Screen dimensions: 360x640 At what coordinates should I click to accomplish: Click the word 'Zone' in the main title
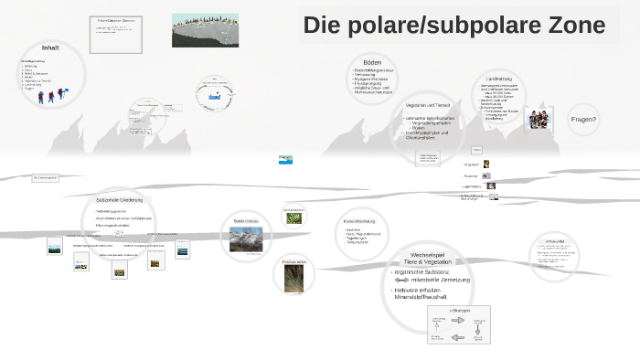572,26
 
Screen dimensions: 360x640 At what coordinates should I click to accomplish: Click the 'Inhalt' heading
50,47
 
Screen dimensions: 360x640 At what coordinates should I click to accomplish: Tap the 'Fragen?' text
583,119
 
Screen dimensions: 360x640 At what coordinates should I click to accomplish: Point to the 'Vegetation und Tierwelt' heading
428,105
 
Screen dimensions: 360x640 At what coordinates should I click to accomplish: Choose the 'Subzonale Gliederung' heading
119,199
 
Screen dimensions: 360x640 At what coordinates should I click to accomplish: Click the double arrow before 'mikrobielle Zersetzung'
403,280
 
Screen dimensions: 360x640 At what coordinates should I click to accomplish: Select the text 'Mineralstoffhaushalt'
421,297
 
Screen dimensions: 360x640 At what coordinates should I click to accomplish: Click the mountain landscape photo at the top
205,30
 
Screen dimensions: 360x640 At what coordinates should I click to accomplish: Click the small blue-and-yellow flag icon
285,160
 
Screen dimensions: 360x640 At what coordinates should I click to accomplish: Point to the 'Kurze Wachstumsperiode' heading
358,222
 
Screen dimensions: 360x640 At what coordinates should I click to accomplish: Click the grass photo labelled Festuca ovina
294,279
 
